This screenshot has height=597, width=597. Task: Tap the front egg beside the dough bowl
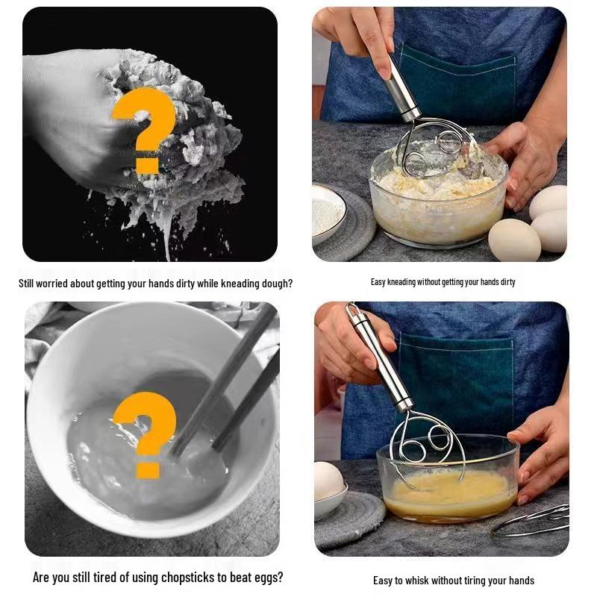click(514, 240)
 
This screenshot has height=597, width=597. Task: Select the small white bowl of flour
click(328, 213)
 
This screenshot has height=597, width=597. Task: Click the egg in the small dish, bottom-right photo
click(328, 481)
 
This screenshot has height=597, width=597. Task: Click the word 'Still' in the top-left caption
click(26, 284)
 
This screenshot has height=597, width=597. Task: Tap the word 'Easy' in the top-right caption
click(378, 282)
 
